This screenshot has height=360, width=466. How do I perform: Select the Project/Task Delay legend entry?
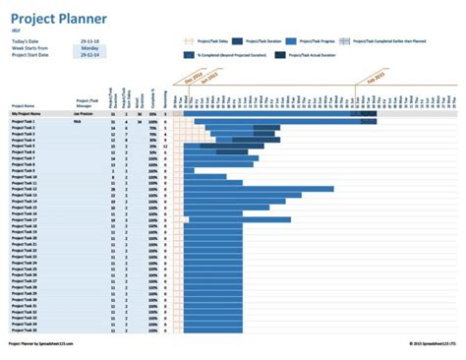click(x=205, y=41)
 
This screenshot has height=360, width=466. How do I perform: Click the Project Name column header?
click(x=23, y=104)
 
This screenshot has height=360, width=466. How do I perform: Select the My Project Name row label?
click(x=27, y=114)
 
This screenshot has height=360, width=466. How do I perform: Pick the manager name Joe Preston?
click(x=83, y=114)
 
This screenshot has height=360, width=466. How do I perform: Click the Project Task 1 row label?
click(x=24, y=121)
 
